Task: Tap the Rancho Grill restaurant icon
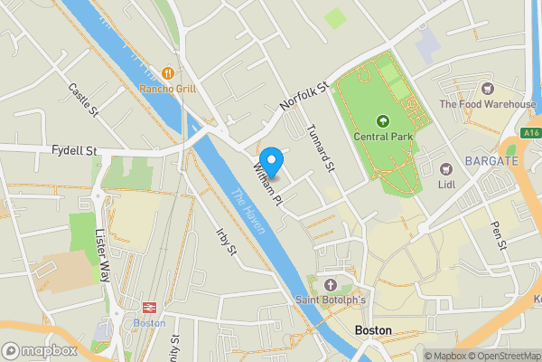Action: (167, 72)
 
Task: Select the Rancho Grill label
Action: (167, 89)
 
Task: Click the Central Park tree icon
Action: (382, 120)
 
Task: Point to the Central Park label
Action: (384, 138)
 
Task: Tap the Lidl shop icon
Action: (444, 168)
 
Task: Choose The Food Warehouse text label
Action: (488, 104)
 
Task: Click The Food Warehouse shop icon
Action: (488, 89)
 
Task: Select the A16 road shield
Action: (531, 132)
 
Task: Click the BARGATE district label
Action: (491, 160)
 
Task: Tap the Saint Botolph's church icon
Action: (331, 283)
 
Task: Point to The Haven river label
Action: (249, 210)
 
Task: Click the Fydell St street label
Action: (75, 149)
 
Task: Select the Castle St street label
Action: (83, 100)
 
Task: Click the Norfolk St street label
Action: (301, 94)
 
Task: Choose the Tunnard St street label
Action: (322, 148)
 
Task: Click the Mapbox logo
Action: (39, 350)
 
